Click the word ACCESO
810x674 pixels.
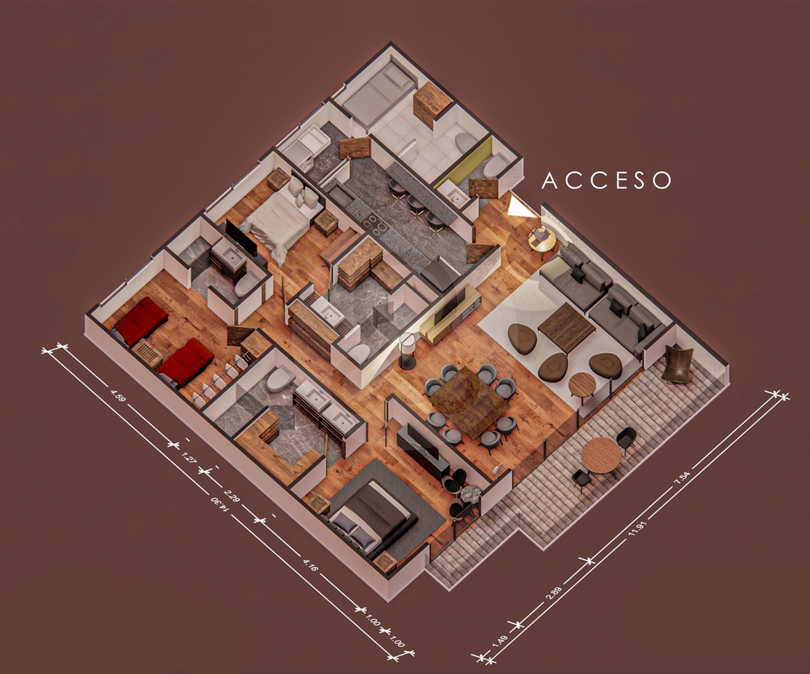tap(606, 180)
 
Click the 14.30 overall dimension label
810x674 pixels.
tap(219, 504)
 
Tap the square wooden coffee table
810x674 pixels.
tap(566, 328)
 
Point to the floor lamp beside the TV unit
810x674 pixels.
tap(407, 351)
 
